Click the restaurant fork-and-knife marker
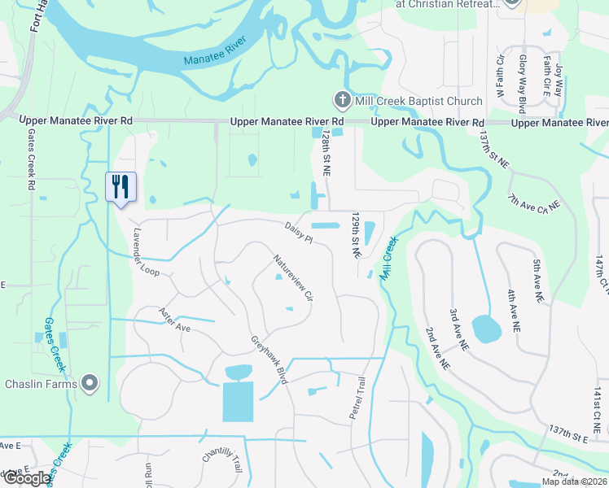point(120,187)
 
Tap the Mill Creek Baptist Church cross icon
point(343,101)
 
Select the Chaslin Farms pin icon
point(90,382)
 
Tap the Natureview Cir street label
point(293,277)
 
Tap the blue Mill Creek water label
point(388,258)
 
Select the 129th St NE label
point(355,236)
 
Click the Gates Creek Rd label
point(31,159)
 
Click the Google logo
point(28,478)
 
